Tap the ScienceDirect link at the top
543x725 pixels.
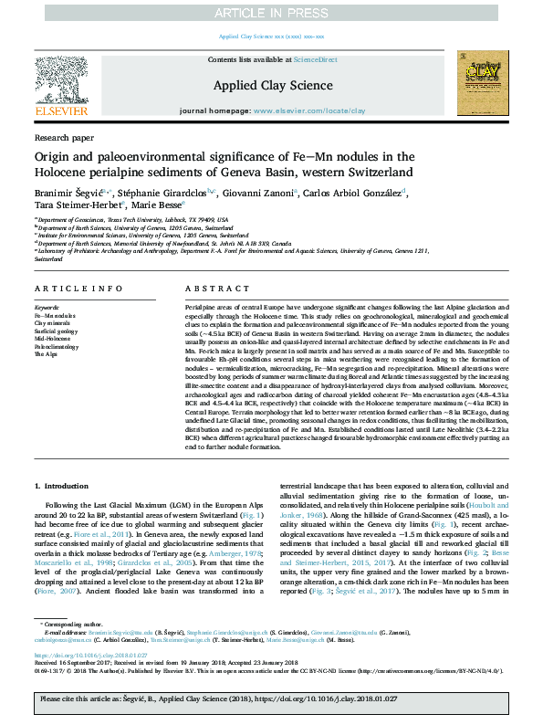pyautogui.click(x=316, y=59)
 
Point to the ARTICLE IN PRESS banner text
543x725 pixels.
pyautogui.click(x=271, y=13)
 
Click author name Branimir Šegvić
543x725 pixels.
pyautogui.click(x=65, y=193)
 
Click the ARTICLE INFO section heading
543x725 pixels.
pyautogui.click(x=66, y=289)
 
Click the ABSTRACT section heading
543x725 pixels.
pyautogui.click(x=204, y=289)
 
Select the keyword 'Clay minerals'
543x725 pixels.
pyautogui.click(x=52, y=323)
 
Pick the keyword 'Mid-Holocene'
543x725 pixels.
pyautogui.click(x=52, y=338)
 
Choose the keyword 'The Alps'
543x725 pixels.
pyautogui.click(x=47, y=352)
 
